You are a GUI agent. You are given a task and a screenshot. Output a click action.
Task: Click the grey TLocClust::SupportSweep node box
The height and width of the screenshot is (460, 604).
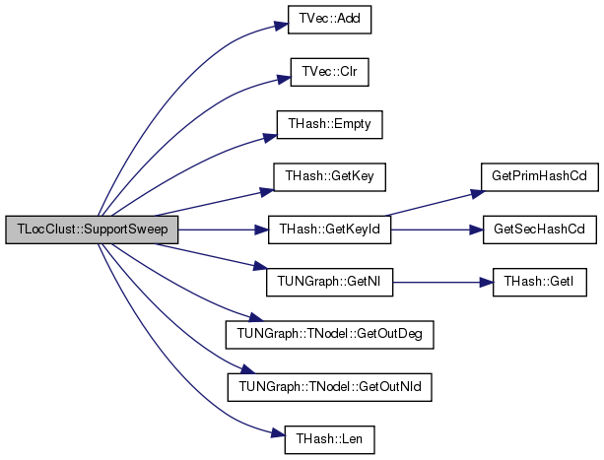[91, 230]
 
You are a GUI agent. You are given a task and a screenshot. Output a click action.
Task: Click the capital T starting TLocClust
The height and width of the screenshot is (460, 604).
[20, 230]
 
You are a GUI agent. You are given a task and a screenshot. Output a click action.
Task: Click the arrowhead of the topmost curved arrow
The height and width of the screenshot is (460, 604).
[282, 25]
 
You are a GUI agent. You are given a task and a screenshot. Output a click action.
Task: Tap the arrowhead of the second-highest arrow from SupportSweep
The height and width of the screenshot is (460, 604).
[285, 78]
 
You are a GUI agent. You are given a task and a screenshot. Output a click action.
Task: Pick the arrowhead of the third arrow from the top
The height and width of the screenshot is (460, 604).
[271, 138]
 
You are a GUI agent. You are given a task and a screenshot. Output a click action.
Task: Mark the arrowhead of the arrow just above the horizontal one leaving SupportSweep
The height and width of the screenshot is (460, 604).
[267, 191]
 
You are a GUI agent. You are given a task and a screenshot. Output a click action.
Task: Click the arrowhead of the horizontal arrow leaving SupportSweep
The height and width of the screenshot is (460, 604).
[262, 230]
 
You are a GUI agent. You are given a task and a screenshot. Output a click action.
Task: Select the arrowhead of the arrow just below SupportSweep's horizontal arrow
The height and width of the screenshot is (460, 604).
[261, 265]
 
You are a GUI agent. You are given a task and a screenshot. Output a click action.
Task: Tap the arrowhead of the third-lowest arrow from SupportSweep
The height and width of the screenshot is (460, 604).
[256, 317]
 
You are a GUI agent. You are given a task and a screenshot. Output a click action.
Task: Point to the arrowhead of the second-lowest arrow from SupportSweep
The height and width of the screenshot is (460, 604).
[248, 369]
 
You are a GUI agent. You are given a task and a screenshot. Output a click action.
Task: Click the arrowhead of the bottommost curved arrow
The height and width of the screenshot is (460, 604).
[278, 432]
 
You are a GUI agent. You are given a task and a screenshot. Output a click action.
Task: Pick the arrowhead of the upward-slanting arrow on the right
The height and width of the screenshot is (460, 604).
[478, 194]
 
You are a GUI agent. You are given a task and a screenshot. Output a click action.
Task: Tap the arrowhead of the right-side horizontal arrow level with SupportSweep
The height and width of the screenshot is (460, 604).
[477, 230]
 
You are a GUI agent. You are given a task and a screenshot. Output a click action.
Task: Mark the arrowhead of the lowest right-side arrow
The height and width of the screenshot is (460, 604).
[486, 283]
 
